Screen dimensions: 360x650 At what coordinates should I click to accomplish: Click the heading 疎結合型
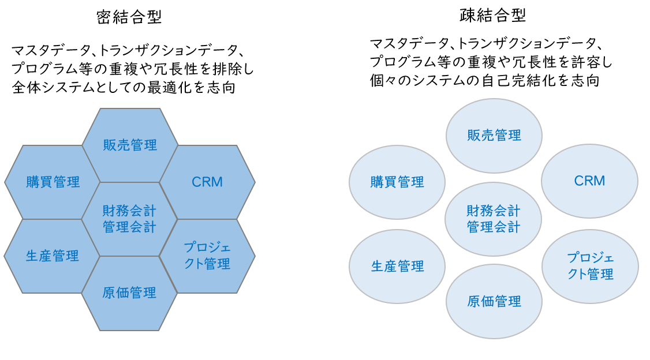click(x=493, y=16)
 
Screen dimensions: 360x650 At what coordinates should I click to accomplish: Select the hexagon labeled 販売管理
click(x=130, y=145)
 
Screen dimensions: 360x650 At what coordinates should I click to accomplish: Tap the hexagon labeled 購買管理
click(x=53, y=182)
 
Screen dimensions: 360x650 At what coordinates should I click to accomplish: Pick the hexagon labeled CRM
click(x=207, y=182)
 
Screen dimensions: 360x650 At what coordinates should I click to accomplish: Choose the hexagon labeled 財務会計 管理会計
click(x=129, y=218)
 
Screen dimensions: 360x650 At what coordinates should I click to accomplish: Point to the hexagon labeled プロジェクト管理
click(x=207, y=256)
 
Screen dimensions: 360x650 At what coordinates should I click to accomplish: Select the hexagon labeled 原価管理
click(x=129, y=293)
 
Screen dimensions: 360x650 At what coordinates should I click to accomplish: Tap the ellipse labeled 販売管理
click(x=494, y=136)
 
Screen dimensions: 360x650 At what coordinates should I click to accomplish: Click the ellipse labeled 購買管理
click(x=397, y=182)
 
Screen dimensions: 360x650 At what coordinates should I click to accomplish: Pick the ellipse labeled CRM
click(x=589, y=181)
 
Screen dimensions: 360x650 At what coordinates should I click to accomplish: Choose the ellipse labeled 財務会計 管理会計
click(x=494, y=218)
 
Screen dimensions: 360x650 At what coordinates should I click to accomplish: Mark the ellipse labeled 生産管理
click(x=397, y=266)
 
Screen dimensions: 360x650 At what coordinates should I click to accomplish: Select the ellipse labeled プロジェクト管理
click(x=590, y=266)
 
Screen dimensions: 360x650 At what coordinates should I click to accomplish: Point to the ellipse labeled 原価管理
click(x=494, y=301)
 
